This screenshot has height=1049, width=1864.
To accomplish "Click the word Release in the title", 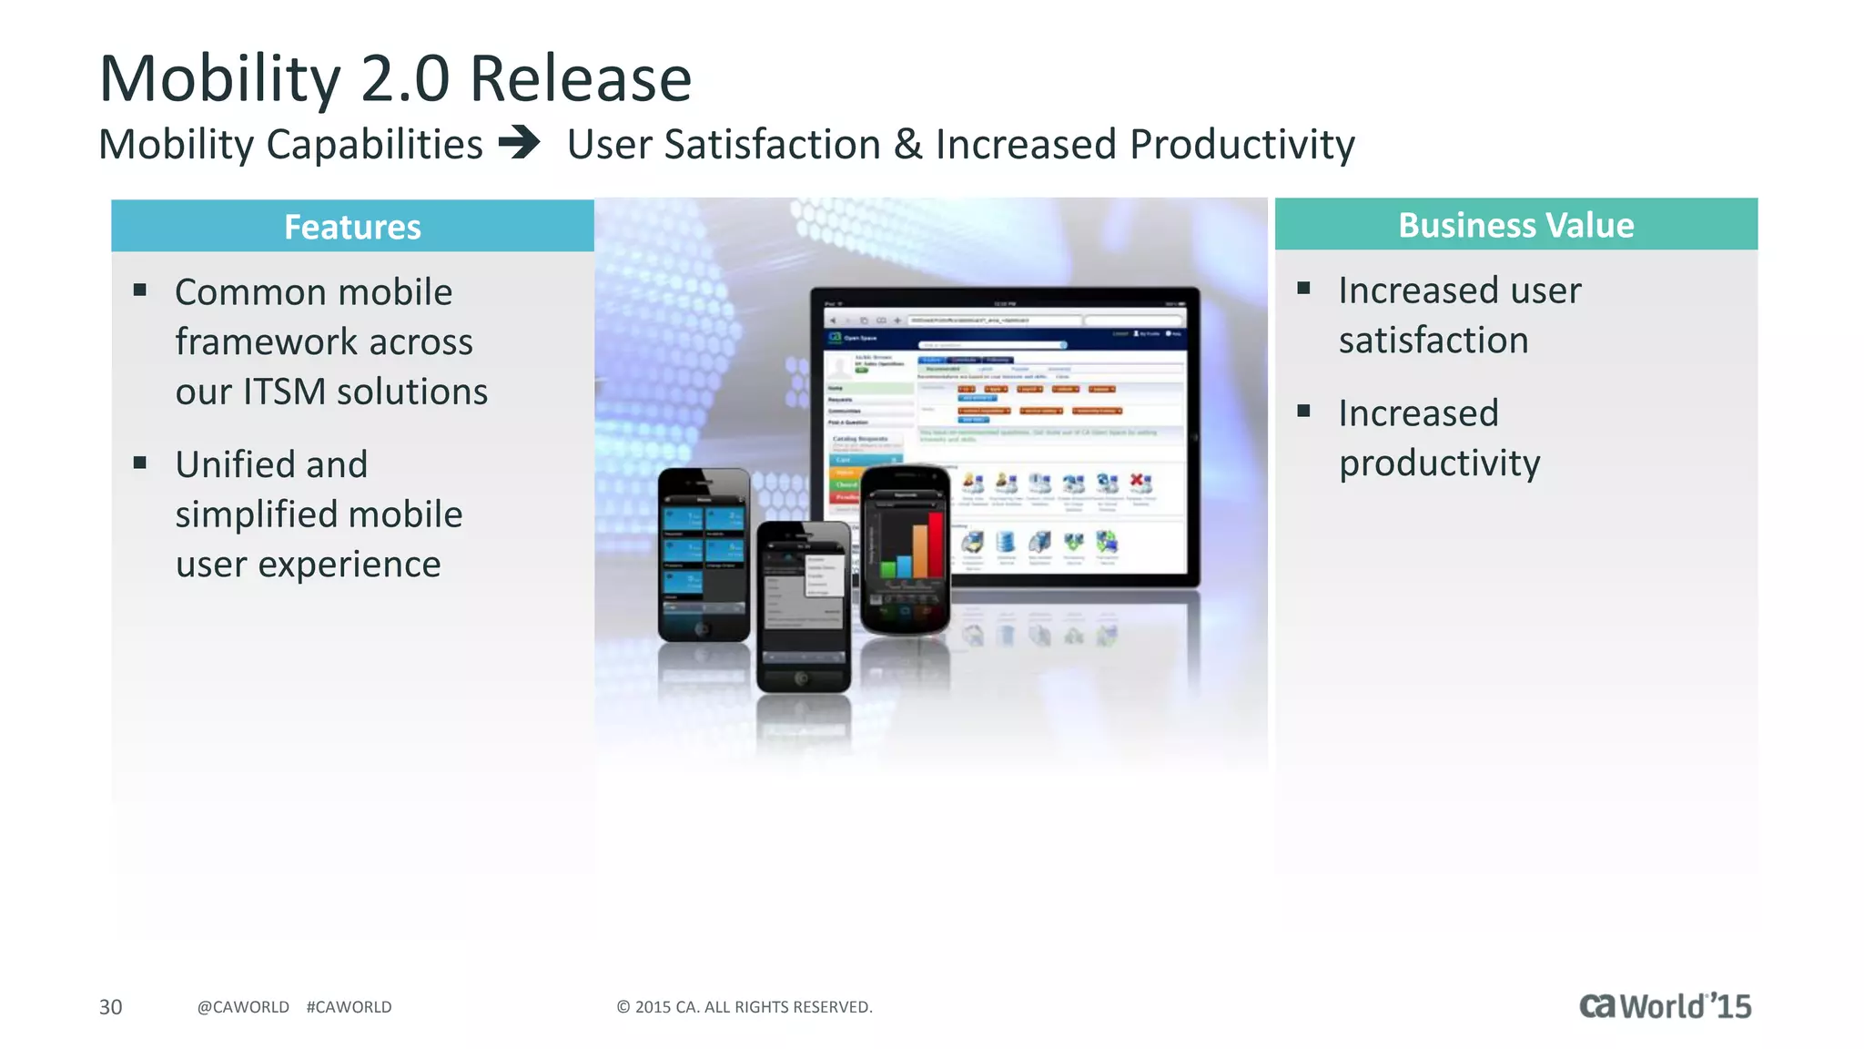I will (580, 79).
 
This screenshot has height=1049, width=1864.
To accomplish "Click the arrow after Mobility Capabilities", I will (520, 143).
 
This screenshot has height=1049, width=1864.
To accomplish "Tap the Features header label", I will (352, 227).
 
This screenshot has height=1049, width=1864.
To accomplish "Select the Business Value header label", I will (1515, 225).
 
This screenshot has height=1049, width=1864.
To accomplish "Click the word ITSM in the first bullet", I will (284, 392).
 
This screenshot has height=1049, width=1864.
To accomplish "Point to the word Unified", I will (271, 464).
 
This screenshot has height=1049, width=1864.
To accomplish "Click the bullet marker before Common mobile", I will (140, 290).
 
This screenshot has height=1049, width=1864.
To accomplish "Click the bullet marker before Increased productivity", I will (1303, 411).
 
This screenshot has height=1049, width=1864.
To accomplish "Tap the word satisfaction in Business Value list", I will (1433, 341).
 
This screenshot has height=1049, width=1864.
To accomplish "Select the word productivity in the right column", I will (1439, 463).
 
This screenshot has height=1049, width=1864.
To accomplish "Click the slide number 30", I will (110, 1007).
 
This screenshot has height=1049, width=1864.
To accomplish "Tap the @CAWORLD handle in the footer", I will (243, 1007).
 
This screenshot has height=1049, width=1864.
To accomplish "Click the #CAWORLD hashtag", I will (349, 1007).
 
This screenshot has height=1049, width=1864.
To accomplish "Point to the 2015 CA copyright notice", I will (744, 1007).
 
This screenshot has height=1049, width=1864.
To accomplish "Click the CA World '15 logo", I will (1664, 1005).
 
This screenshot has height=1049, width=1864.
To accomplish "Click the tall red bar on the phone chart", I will (935, 545).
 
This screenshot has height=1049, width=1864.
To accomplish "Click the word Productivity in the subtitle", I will (1241, 145).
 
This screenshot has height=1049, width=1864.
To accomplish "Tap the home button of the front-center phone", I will (801, 678).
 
